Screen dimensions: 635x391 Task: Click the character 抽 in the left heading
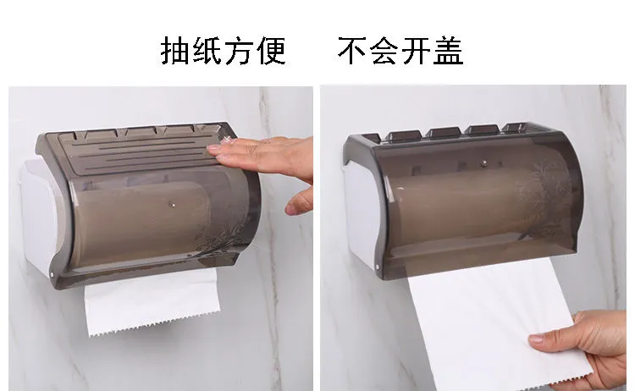click(175, 51)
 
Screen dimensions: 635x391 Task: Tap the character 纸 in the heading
click(207, 51)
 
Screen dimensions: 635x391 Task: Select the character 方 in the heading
click(239, 51)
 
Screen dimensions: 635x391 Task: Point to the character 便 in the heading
click(271, 51)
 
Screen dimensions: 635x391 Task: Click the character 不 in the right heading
click(352, 51)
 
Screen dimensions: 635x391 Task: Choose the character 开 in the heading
click(417, 51)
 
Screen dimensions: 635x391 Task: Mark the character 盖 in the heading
click(448, 51)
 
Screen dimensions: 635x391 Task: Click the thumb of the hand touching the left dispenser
click(300, 201)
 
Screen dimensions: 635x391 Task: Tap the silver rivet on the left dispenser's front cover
click(173, 205)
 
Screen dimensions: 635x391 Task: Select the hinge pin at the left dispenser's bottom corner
click(52, 274)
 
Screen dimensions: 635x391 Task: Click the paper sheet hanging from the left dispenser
click(152, 301)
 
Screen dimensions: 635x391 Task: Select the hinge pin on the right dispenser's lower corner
click(378, 267)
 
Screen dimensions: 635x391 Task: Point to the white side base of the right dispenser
click(361, 214)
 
